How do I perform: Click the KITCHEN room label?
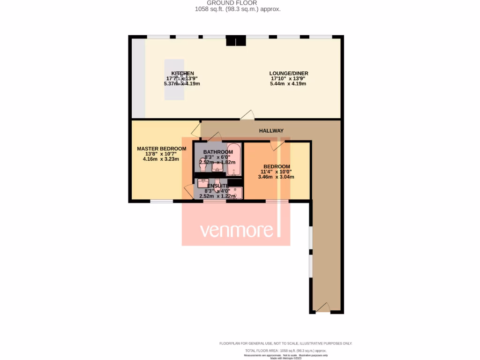click(183, 74)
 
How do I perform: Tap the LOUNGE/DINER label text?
click(288, 73)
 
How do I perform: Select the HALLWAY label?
click(271, 131)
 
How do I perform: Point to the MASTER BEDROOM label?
click(161, 149)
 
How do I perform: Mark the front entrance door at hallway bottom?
click(323, 307)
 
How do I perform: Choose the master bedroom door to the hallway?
click(196, 130)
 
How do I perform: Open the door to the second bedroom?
click(276, 146)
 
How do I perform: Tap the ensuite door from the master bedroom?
click(188, 192)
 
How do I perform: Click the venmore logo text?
click(237, 231)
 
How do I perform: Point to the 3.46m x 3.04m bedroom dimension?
click(279, 177)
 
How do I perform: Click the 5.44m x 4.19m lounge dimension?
click(288, 84)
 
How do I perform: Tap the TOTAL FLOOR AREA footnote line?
click(285, 351)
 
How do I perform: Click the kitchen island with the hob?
click(174, 80)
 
